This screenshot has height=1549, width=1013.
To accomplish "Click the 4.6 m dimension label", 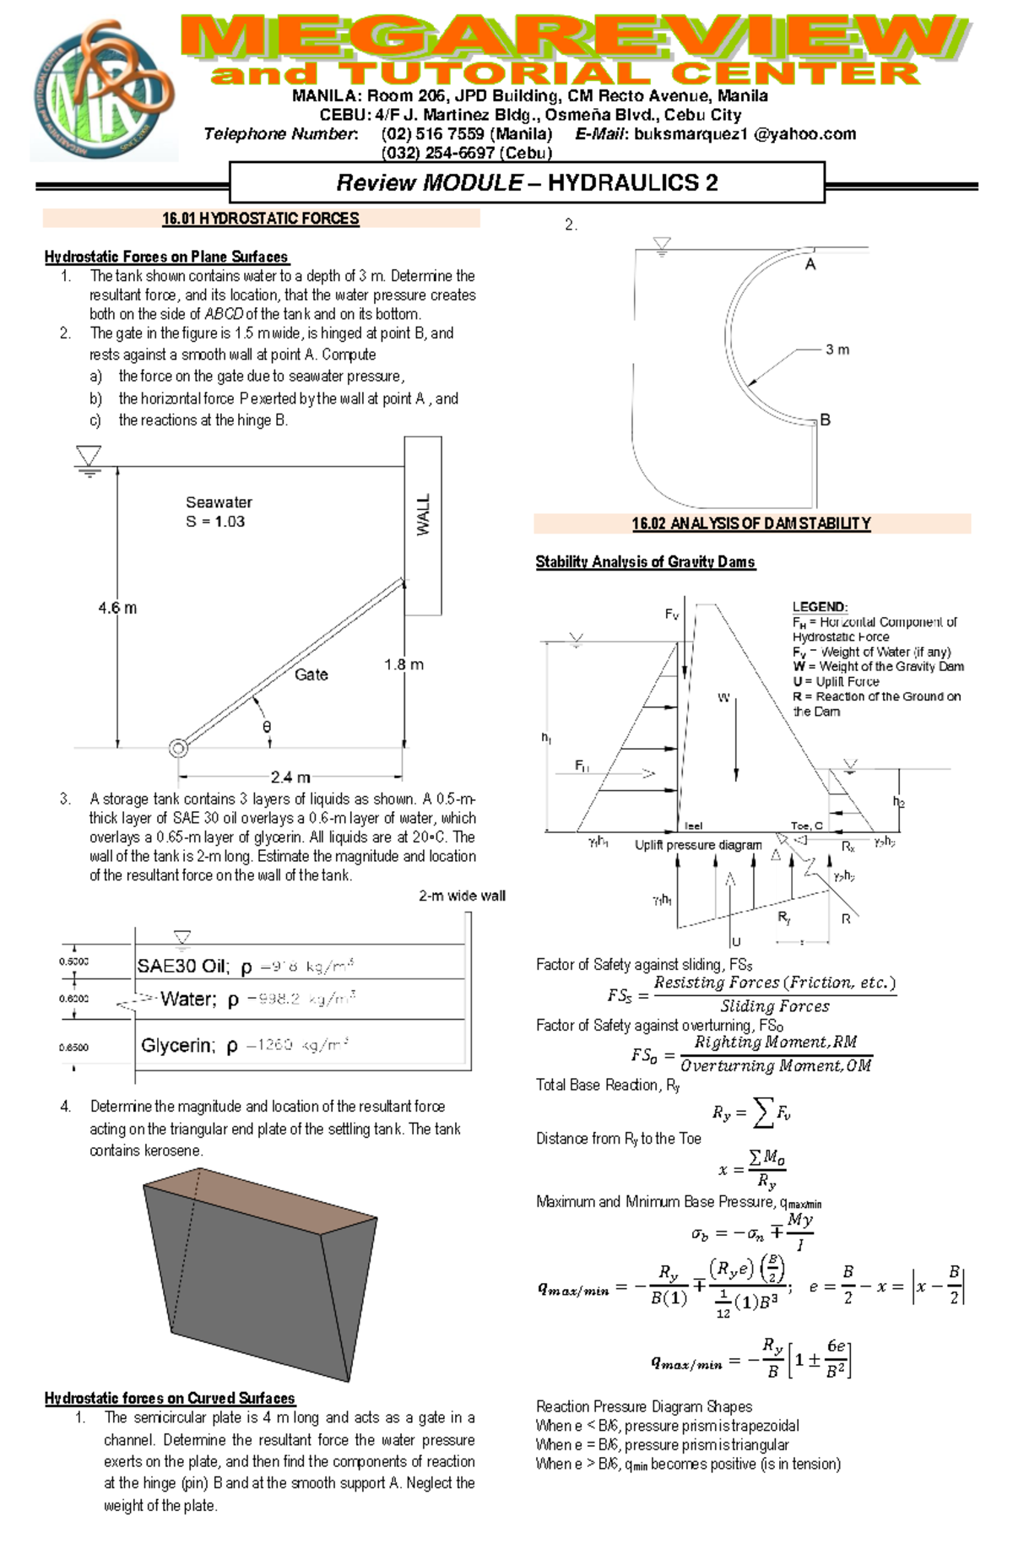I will [x=117, y=608].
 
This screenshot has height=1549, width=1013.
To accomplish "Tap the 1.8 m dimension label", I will [x=404, y=665].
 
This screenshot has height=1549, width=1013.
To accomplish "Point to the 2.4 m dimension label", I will [x=290, y=777].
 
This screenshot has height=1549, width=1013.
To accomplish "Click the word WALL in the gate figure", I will [x=423, y=514].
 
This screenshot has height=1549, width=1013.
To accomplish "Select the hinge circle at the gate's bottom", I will [x=177, y=748].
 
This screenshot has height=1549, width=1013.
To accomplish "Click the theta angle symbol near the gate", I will [x=267, y=727].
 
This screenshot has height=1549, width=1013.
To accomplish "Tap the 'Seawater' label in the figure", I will [x=219, y=502].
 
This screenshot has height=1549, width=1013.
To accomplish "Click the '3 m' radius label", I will [x=837, y=349].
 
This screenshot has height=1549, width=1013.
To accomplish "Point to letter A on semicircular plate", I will [x=810, y=265].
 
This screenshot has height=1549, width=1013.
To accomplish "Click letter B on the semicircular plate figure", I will [x=826, y=420].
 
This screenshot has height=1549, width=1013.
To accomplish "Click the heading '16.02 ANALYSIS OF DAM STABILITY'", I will [x=751, y=523].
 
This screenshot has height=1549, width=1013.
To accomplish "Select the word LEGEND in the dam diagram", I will [x=819, y=607].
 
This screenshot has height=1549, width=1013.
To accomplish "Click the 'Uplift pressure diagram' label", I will [x=698, y=845].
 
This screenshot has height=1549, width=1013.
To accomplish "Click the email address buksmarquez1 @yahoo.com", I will [x=745, y=134].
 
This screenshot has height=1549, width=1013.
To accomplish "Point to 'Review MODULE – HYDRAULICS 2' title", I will [x=527, y=182].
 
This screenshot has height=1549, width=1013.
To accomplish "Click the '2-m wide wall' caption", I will [x=462, y=896].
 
